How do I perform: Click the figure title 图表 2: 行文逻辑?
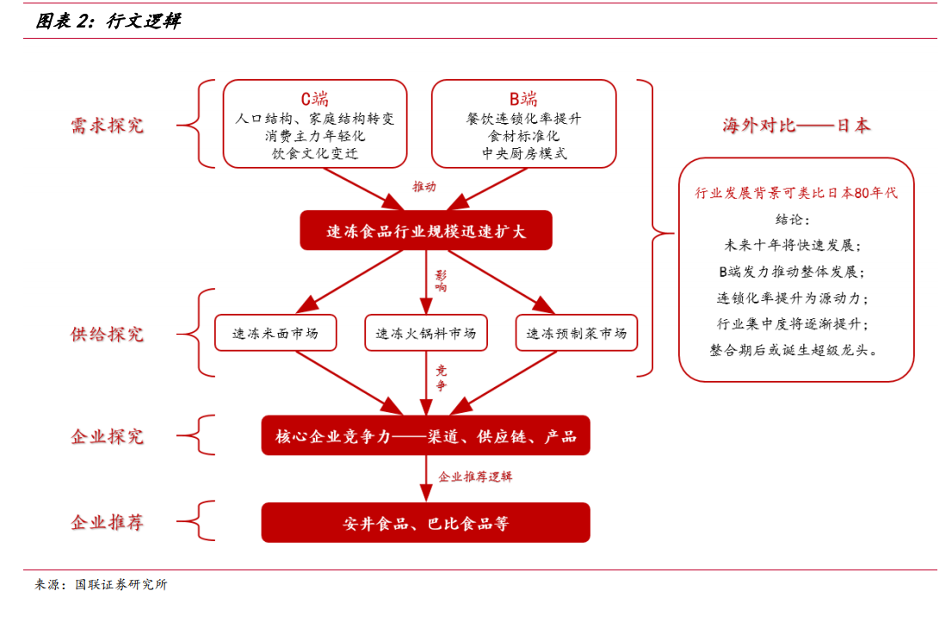[108, 22]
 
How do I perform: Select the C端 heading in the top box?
[314, 99]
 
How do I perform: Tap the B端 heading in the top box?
[523, 99]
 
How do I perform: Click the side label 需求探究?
[108, 126]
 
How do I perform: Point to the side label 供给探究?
[108, 334]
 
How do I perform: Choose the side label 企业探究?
[108, 436]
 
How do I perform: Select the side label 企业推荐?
[108, 522]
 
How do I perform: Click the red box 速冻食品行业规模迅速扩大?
[426, 231]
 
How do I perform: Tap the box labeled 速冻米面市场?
[275, 333]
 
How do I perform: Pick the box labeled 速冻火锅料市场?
[426, 333]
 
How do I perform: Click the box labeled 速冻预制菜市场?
[577, 333]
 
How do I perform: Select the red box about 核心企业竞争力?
[425, 435]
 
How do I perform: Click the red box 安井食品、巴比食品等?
[425, 522]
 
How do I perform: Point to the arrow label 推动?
[424, 187]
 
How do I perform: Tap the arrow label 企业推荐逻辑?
[475, 477]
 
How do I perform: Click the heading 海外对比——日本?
[796, 126]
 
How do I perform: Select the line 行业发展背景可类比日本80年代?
[796, 193]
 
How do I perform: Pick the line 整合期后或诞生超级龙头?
[794, 350]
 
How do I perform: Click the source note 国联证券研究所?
[121, 584]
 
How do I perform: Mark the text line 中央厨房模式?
[524, 153]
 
